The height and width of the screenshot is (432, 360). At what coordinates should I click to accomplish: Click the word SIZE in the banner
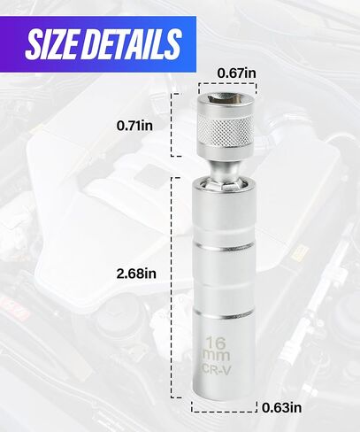pos(52,44)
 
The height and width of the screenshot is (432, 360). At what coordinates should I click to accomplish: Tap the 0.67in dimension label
pos(236,73)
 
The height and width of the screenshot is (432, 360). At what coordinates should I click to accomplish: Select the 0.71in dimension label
pos(134,126)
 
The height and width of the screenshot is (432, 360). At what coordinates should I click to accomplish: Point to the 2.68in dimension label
pos(136,274)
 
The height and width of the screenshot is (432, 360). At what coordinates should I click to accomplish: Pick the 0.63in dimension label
pos(282,408)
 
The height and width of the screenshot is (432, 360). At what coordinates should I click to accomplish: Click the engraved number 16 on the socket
pos(216,343)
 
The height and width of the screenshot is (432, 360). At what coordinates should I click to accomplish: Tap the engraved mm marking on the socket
pos(216,356)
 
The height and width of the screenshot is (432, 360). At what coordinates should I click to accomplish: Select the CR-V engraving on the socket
pos(216,369)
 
